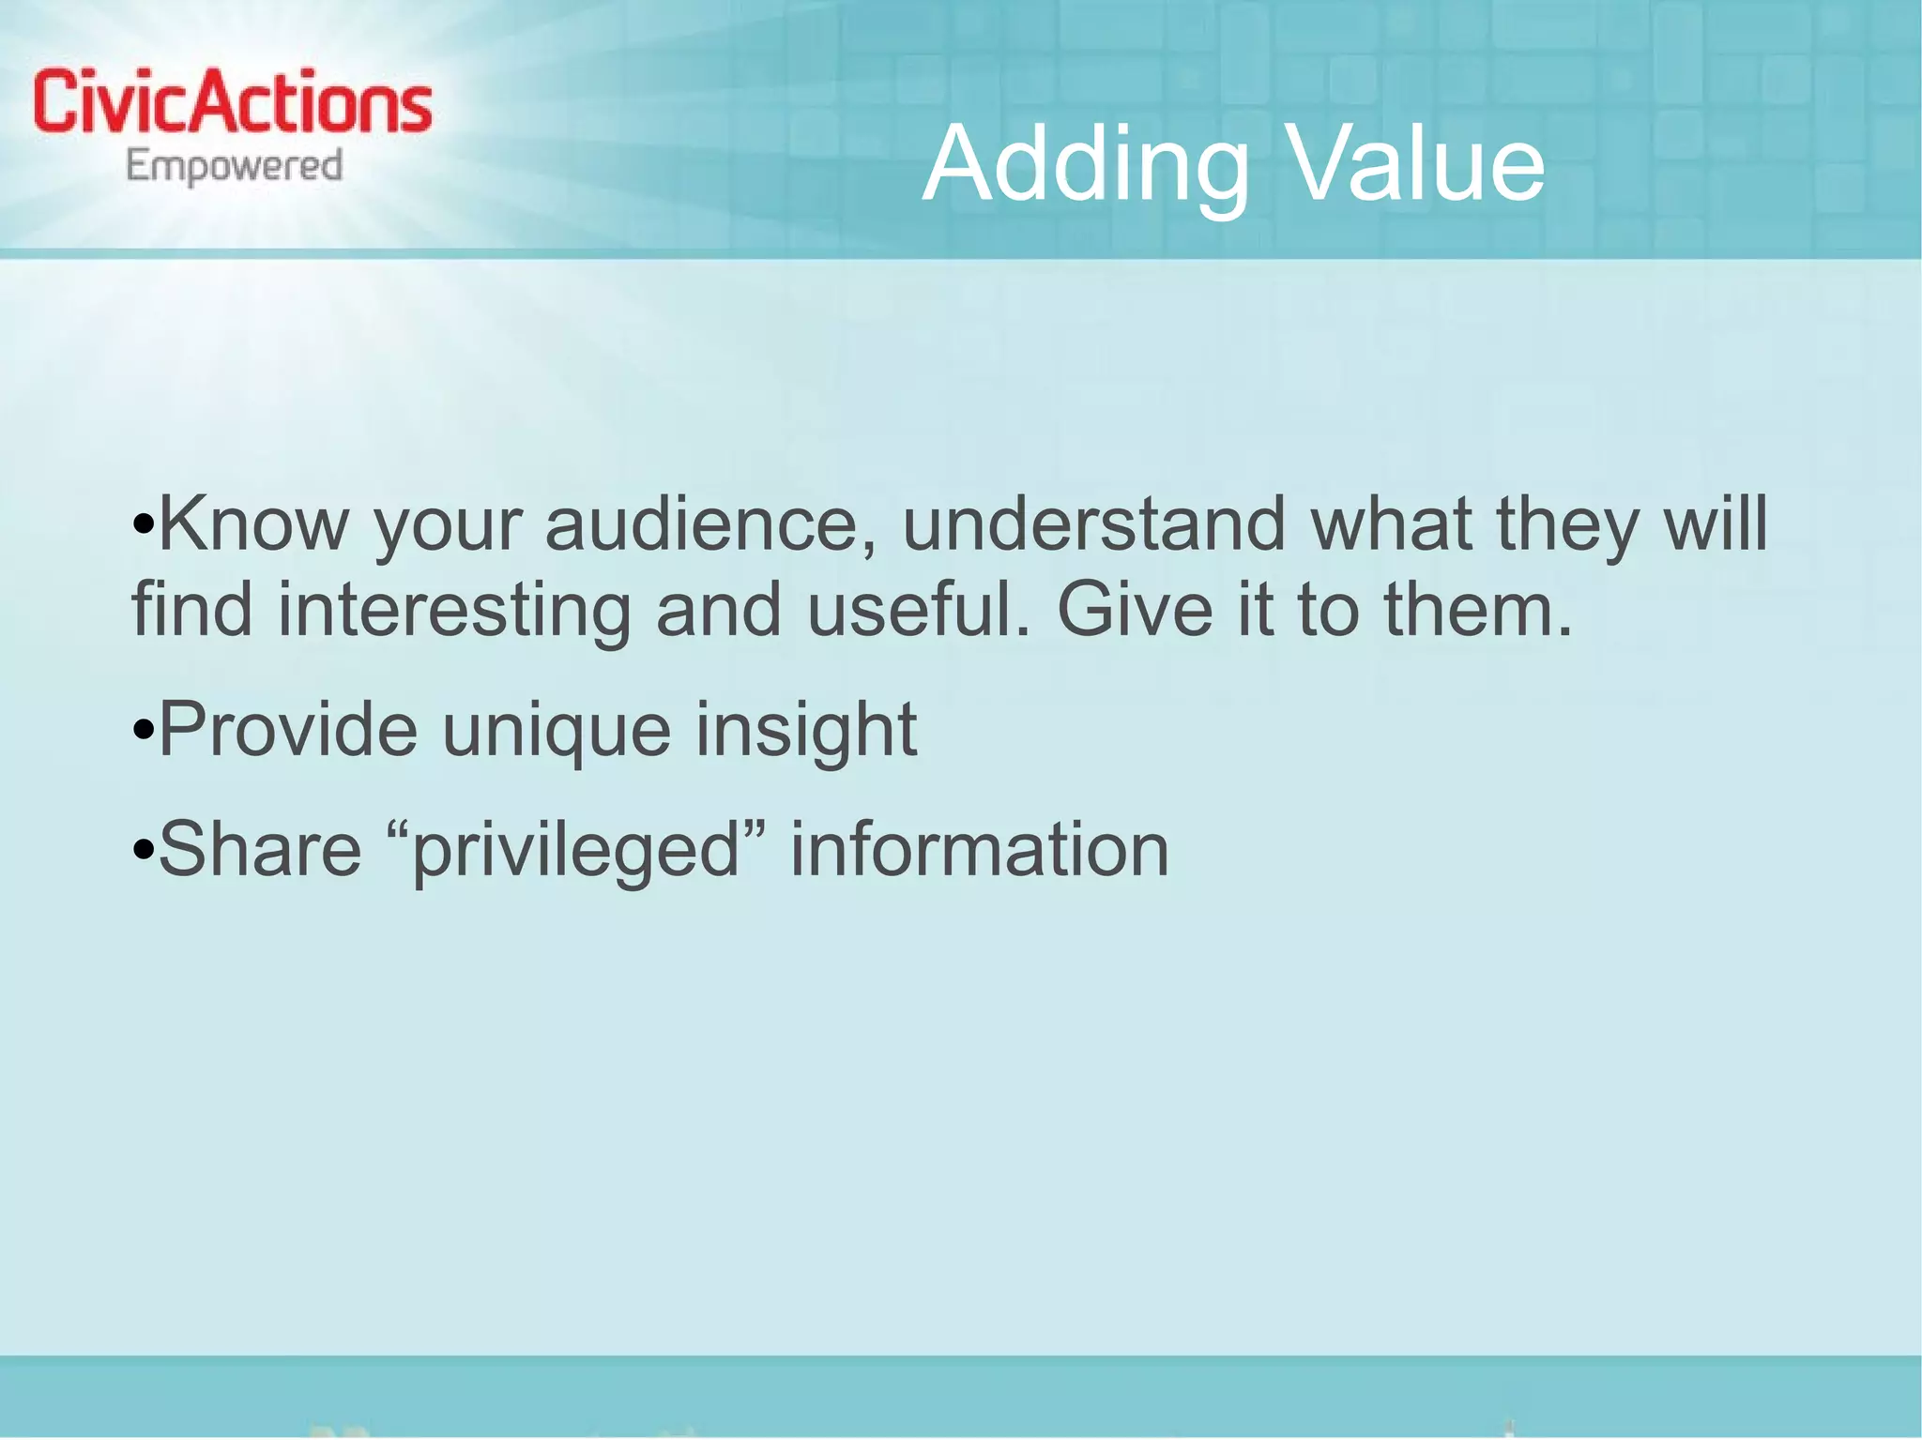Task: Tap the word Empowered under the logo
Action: [235, 167]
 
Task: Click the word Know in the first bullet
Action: [253, 524]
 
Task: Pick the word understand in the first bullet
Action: [1093, 524]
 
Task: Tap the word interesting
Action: [454, 610]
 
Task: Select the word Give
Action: [1135, 610]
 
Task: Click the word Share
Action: [260, 850]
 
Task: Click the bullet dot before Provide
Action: [143, 731]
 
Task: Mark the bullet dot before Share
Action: [143, 851]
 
